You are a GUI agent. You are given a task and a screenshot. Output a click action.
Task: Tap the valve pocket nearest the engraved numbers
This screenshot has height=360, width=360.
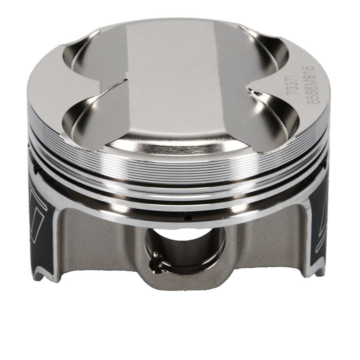274,112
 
